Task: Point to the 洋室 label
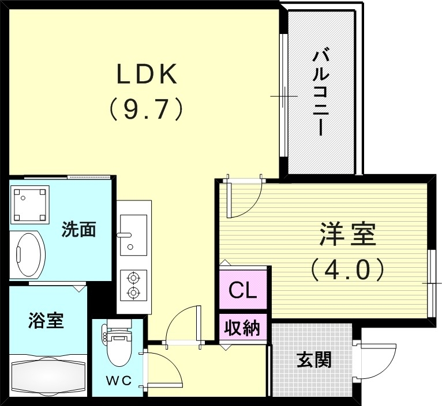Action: [x=348, y=234]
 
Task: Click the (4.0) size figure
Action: [x=348, y=268]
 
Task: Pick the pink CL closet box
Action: [x=242, y=290]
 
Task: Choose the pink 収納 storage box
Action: [x=242, y=329]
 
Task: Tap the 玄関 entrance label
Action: [x=314, y=360]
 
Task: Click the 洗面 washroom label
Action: [x=78, y=230]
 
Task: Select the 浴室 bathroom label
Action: [x=46, y=321]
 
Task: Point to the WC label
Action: [x=118, y=381]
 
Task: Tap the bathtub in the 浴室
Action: [x=47, y=377]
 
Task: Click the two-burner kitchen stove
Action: [x=134, y=286]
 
